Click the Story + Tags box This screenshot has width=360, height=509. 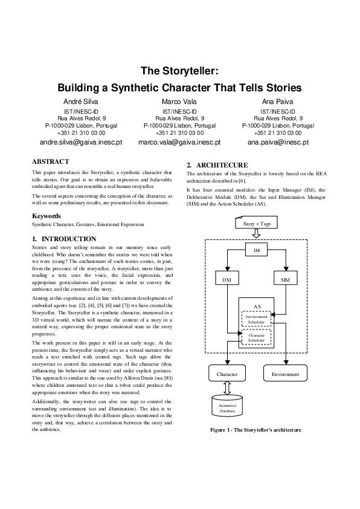point(256,224)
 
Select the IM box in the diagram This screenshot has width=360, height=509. point(256,250)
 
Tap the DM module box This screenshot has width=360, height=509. point(227,280)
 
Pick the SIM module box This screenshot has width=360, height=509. point(286,280)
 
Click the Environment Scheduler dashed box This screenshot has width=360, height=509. point(257,319)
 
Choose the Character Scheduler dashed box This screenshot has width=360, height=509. point(257,338)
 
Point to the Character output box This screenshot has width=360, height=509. point(227,374)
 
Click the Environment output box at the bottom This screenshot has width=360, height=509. point(286,374)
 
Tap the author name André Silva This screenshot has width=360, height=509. point(81,102)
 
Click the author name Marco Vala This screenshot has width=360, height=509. point(179,102)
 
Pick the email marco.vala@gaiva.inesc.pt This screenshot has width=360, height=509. point(179,143)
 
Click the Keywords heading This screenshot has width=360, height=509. point(46,215)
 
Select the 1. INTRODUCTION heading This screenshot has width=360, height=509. point(64,239)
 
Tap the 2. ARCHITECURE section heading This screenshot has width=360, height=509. point(217,165)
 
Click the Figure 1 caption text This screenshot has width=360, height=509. point(256,430)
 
